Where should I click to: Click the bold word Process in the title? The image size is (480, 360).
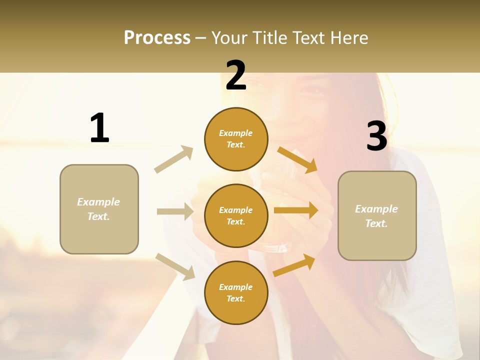(x=157, y=37)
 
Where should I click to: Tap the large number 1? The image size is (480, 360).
(x=99, y=128)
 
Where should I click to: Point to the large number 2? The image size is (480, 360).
(x=236, y=75)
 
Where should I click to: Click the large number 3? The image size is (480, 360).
(x=376, y=136)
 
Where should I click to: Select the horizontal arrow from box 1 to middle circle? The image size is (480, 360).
(x=175, y=211)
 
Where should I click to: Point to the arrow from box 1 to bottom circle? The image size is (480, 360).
(x=175, y=266)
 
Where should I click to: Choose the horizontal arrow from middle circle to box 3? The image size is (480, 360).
(x=296, y=210)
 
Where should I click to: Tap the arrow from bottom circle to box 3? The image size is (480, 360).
(x=294, y=265)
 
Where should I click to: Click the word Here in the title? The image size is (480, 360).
(x=349, y=37)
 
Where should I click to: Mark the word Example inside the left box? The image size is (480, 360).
(x=98, y=202)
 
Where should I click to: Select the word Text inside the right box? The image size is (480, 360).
(x=376, y=223)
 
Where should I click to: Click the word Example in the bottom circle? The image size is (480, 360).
(x=235, y=287)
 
